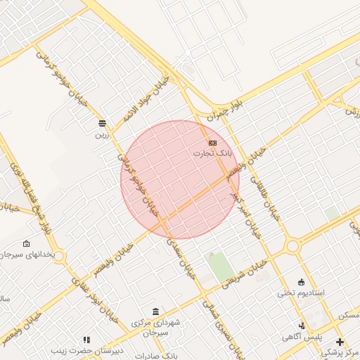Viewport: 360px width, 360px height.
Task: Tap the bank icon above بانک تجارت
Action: tap(212, 143)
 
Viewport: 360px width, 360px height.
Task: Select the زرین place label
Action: tap(103, 131)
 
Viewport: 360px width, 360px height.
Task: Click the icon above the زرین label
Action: tap(103, 122)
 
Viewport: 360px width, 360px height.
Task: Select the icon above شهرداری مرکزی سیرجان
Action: tap(155, 311)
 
